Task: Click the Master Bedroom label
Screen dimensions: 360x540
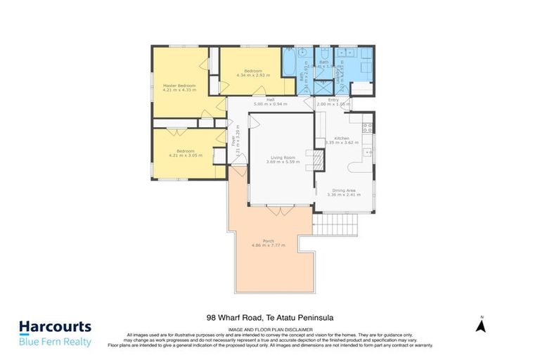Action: point(179,86)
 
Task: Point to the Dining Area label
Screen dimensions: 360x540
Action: point(344,191)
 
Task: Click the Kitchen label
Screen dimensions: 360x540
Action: point(342,138)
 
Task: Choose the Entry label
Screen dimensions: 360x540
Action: point(333,100)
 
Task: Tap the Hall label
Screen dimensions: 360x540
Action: point(269,100)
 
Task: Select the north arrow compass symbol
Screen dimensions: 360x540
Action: point(481,324)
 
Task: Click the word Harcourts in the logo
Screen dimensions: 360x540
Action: point(55,327)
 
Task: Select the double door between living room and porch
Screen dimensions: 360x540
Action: point(278,209)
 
